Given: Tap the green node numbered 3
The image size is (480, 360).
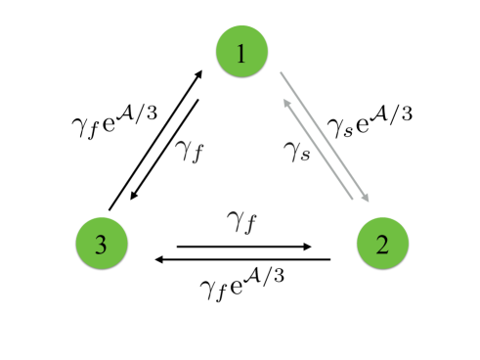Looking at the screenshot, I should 101,243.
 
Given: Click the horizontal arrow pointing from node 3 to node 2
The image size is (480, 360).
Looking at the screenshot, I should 244,246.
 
